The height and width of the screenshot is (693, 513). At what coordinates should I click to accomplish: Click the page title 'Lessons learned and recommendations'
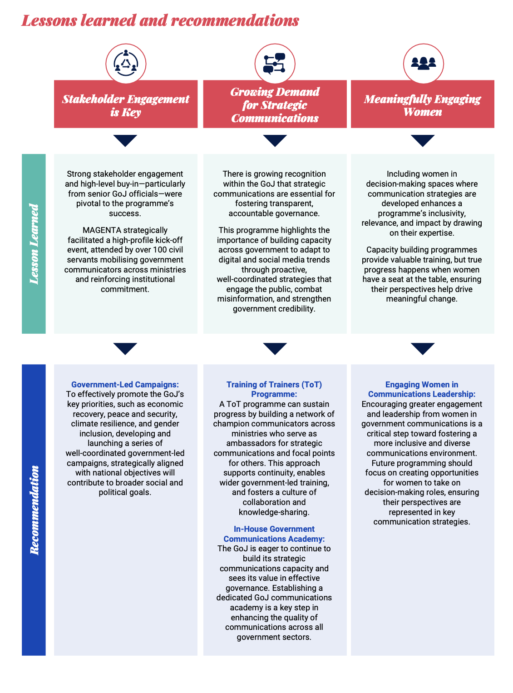tap(160, 20)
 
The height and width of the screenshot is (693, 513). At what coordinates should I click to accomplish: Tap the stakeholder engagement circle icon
tap(126, 64)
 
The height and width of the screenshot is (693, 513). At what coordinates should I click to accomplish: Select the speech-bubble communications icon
tap(275, 64)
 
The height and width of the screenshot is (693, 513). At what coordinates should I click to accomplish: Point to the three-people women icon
tap(423, 64)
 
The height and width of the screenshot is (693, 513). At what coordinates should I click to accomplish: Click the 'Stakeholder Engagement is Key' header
tap(126, 105)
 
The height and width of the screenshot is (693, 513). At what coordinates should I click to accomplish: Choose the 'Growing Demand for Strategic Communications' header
tap(275, 105)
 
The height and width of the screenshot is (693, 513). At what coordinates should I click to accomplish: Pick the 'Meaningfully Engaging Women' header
tap(423, 105)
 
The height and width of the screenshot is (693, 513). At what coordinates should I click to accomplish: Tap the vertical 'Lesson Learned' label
tap(34, 244)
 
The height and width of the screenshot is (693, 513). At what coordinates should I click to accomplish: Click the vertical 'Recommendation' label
tap(34, 510)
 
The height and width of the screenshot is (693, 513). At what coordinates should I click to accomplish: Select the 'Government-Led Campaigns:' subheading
tap(125, 385)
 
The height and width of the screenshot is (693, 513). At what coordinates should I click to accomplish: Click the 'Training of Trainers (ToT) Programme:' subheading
tap(274, 389)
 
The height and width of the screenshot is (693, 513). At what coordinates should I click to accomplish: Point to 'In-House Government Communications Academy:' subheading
tap(274, 534)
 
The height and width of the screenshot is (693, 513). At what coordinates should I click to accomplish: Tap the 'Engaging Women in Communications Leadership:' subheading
tap(422, 389)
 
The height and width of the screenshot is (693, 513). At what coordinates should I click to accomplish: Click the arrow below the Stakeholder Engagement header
tap(125, 140)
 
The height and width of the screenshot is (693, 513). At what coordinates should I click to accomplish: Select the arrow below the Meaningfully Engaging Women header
tap(423, 140)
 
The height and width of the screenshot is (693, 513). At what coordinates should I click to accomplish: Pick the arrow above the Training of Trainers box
tap(275, 348)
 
